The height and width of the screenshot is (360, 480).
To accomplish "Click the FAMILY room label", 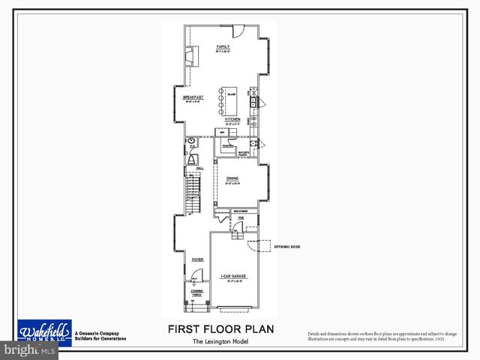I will tap(223, 46).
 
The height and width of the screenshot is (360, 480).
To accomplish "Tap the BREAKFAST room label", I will tap(193, 97).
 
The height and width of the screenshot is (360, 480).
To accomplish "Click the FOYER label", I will tap(197, 259).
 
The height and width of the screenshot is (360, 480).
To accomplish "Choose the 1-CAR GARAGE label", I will tap(233, 277).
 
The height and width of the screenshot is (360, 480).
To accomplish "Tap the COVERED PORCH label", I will tap(196, 292).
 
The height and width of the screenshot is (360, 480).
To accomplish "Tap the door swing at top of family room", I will tap(236, 31).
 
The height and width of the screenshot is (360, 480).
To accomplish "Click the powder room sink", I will tap(191, 140).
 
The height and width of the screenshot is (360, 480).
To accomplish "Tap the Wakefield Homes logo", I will tap(45, 331).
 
